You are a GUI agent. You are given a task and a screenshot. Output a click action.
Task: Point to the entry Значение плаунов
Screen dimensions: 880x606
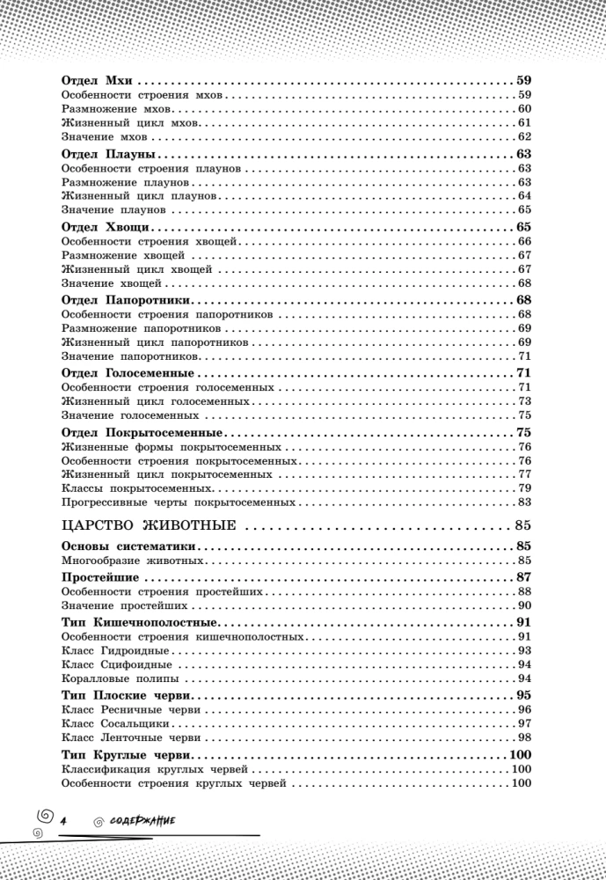click(x=114, y=210)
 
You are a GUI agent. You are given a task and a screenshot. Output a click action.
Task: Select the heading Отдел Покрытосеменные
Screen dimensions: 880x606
click(x=142, y=434)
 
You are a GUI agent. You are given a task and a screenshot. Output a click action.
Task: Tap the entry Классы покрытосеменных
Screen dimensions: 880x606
click(x=137, y=488)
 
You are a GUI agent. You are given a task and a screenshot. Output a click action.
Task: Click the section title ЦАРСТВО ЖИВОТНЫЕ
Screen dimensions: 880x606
click(x=150, y=527)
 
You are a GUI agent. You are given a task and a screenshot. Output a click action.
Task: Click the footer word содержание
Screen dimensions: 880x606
click(x=141, y=820)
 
